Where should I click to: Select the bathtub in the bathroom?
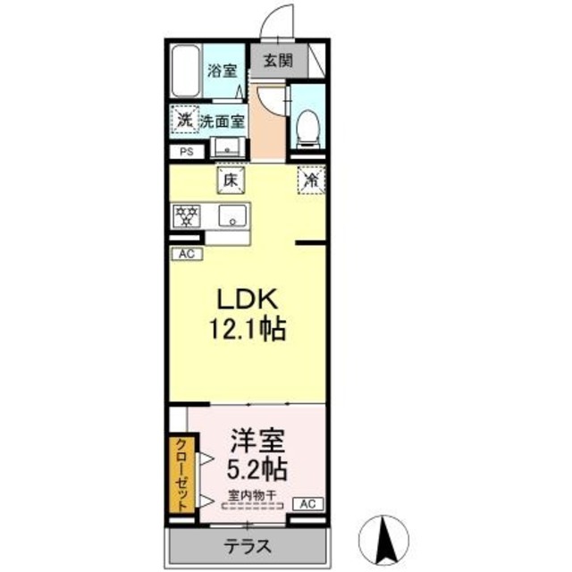pyautogui.click(x=187, y=71)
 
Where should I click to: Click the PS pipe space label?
pyautogui.click(x=186, y=152)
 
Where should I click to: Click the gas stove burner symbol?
pyautogui.click(x=187, y=215)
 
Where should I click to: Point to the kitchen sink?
pyautogui.click(x=233, y=215)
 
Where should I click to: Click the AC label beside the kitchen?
pyautogui.click(x=187, y=254)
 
